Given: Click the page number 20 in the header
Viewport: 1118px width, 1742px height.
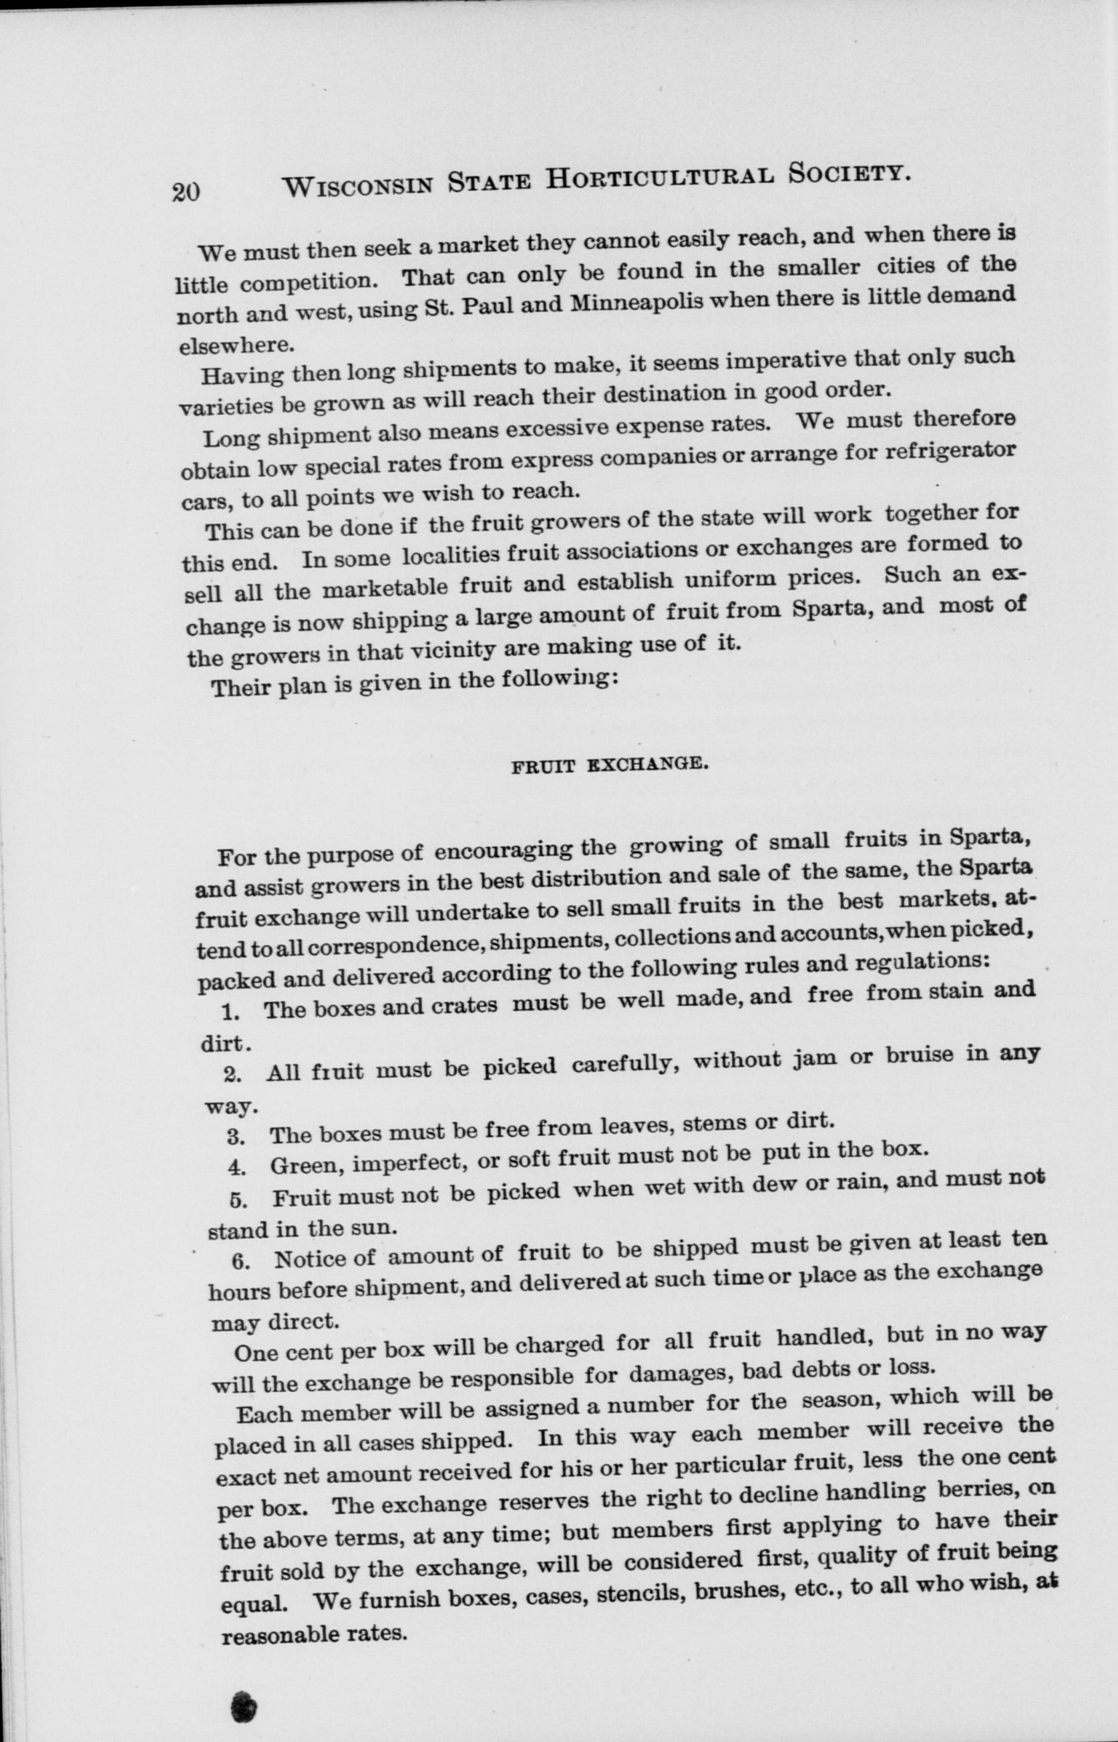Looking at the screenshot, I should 186,190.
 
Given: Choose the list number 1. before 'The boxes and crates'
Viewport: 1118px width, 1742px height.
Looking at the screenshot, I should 231,1011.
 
